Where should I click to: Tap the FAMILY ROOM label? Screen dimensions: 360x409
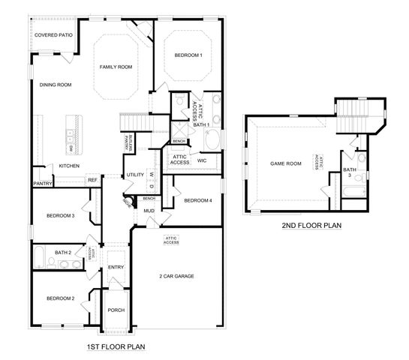(x=116, y=67)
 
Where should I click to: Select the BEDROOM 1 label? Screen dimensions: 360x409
(x=188, y=55)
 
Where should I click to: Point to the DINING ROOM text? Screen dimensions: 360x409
(x=56, y=85)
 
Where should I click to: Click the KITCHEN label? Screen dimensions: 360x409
(x=59, y=166)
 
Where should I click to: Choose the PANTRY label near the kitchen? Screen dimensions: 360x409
(x=41, y=182)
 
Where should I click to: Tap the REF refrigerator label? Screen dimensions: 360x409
(x=92, y=180)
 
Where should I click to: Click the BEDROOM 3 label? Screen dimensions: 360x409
(x=60, y=216)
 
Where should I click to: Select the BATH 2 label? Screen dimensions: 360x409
(x=63, y=253)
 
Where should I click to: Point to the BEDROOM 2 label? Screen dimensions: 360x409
(x=60, y=298)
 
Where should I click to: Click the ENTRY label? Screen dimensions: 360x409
(x=116, y=267)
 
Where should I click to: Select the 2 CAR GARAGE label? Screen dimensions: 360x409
(x=177, y=276)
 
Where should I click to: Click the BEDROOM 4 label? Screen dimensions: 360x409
(x=198, y=200)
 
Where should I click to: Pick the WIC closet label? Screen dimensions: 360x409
(x=202, y=160)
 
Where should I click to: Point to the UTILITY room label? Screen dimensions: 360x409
(x=135, y=175)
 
